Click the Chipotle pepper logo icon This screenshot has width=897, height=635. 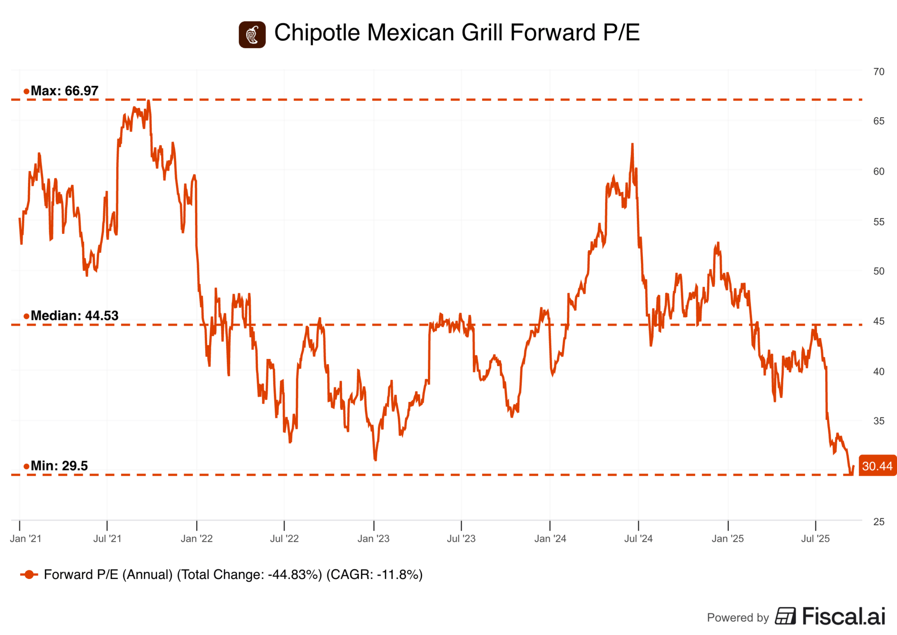[252, 35]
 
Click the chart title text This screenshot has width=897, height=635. [456, 33]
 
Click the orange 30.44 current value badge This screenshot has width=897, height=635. [877, 466]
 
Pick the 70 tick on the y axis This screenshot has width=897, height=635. [878, 72]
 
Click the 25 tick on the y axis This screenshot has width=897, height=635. [878, 522]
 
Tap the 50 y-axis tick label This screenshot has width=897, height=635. [878, 271]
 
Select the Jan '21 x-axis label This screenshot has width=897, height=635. [26, 538]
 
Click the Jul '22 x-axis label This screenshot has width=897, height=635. [284, 538]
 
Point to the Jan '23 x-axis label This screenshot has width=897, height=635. [373, 538]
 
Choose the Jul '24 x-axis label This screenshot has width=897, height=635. [638, 538]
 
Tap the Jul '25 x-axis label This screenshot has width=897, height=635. [815, 538]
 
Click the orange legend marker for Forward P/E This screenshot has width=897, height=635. [29, 574]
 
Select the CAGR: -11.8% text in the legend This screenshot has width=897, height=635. [374, 574]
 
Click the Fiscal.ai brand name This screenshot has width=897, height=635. [843, 616]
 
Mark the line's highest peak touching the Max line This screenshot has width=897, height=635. [148, 100]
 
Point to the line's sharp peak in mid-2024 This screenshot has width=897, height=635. [633, 144]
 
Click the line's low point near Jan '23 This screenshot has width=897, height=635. [375, 460]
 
